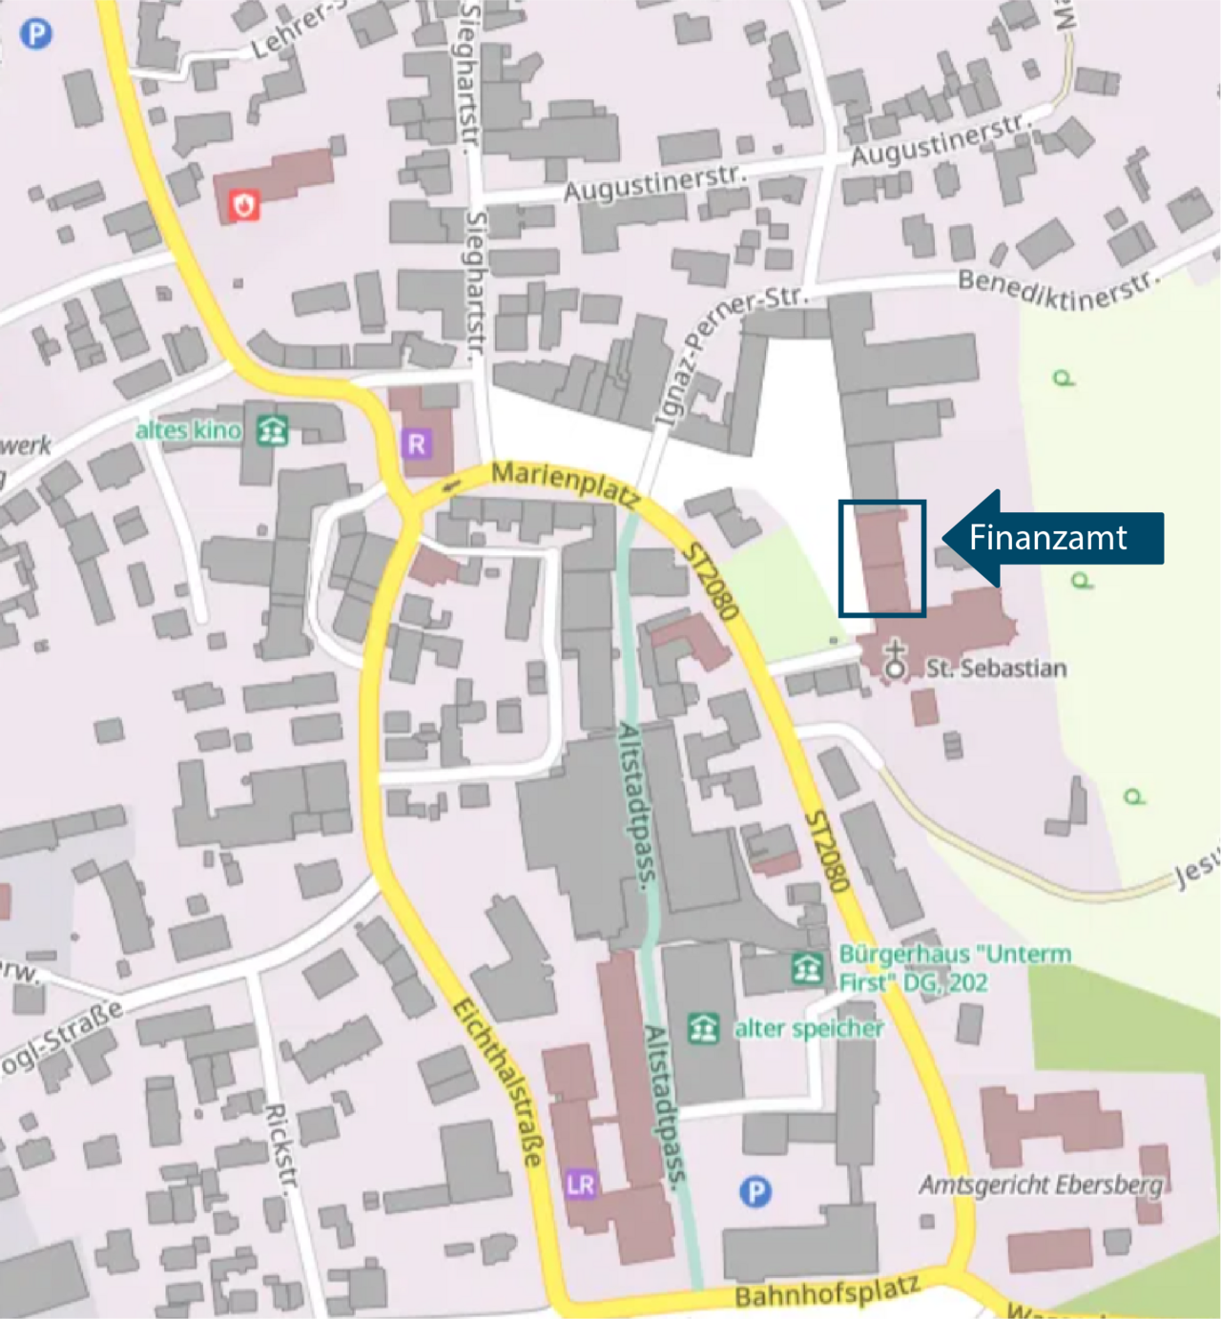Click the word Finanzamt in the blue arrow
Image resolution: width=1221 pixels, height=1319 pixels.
coord(1047,538)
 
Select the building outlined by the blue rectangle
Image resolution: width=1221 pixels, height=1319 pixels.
coord(883,560)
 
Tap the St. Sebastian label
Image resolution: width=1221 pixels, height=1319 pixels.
coord(996,668)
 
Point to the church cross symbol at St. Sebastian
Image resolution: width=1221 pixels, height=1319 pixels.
coord(895,659)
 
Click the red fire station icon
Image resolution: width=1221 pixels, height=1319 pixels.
coord(244,204)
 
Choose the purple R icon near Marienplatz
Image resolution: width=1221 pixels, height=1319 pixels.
coord(417,443)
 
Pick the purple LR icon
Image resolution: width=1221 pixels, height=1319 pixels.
coord(580,1185)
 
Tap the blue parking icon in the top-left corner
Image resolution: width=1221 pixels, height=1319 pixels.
coord(36,34)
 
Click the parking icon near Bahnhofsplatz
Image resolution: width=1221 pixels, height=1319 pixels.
coord(755,1191)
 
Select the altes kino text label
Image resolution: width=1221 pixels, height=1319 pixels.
coord(188,430)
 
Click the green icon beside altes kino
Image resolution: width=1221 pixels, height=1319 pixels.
coord(273,430)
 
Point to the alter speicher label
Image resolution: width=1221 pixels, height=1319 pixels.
coord(808,1028)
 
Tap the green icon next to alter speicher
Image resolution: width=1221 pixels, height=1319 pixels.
coord(704,1028)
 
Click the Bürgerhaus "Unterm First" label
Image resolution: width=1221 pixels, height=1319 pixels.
coord(954,967)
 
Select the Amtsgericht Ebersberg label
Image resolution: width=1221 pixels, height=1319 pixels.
coord(1041,1185)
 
